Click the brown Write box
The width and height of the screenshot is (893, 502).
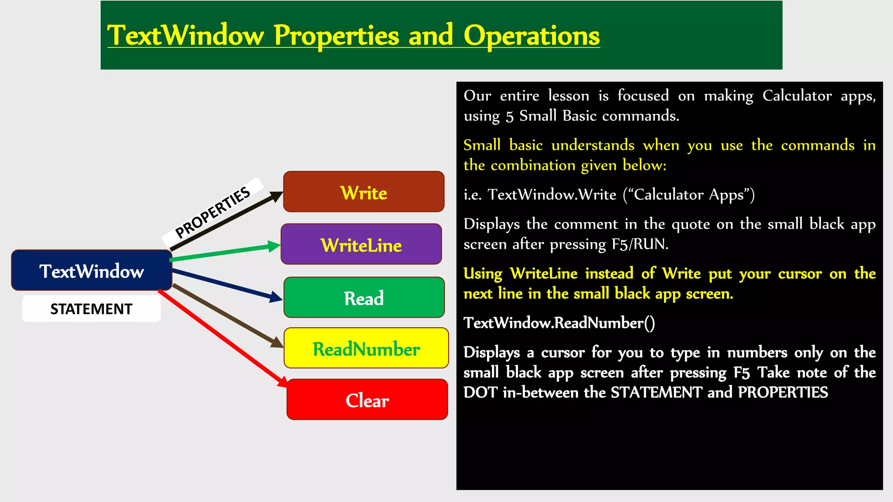pos(364,192)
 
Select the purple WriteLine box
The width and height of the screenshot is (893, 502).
pos(361,244)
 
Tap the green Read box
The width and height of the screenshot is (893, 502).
pos(364,298)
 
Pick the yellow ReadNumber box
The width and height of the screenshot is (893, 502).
pos(366,349)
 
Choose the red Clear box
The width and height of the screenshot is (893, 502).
pos(367,400)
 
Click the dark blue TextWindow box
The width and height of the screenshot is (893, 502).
pos(92,271)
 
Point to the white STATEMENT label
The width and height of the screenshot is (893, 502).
pos(91,309)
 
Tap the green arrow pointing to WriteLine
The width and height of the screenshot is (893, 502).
pos(225,252)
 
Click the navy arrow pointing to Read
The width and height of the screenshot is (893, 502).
pos(227,285)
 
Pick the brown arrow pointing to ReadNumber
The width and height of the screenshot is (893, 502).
pos(227,315)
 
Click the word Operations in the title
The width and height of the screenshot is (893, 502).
pos(531,36)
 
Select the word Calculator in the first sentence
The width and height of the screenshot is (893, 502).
pos(797,96)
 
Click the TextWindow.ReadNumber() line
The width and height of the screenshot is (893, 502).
pos(559,323)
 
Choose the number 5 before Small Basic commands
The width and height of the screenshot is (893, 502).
pos(509,117)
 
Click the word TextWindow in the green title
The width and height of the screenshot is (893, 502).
pos(185,36)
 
